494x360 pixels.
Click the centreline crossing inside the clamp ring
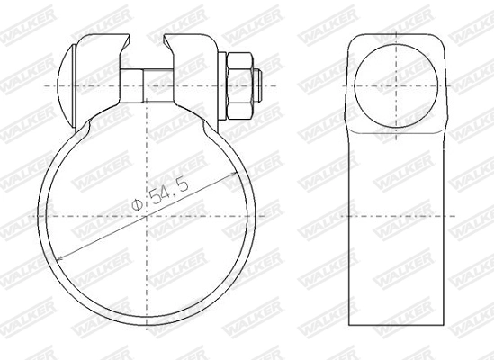pyautogui.click(x=149, y=216)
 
